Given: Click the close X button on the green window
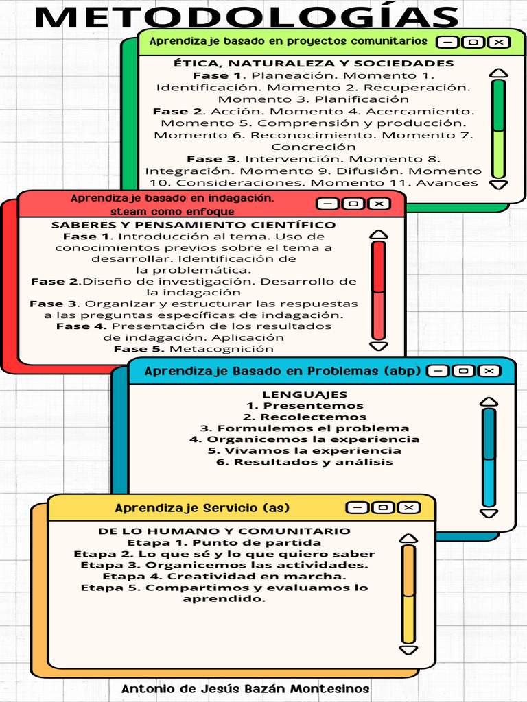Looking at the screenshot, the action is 499,43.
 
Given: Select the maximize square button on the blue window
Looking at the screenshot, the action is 464,371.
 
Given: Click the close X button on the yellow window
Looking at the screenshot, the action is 408,507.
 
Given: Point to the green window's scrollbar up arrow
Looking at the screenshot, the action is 499,73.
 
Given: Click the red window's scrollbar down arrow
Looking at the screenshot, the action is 378,346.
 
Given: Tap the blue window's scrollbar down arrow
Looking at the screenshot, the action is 489,513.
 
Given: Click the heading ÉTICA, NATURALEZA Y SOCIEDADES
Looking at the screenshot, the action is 314,64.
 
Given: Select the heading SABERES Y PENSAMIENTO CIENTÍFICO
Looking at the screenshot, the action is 194,225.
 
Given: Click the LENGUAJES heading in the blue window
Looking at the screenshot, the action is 305,394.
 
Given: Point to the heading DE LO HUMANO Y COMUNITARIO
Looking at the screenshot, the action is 224,531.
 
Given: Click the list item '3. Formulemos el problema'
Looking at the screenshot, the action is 305,428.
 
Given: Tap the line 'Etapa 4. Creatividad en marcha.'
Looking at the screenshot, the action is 224,577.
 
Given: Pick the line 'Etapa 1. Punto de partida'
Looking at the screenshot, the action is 224,543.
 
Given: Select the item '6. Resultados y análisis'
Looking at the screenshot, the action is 305,462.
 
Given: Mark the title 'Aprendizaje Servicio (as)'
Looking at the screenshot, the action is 202,508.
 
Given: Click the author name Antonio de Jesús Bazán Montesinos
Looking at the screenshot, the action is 245,688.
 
